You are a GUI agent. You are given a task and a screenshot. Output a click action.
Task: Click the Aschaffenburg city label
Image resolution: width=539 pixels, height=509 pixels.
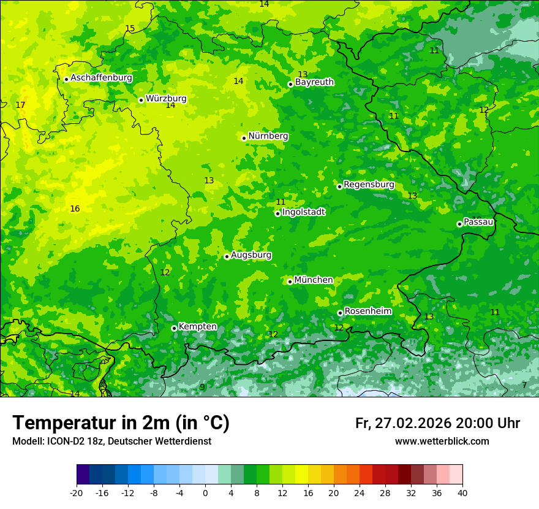tap(101, 78)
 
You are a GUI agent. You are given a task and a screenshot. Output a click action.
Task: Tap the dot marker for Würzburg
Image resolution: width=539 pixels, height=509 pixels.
tap(141, 100)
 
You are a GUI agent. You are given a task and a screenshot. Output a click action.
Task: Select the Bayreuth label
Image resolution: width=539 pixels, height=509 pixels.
tap(314, 82)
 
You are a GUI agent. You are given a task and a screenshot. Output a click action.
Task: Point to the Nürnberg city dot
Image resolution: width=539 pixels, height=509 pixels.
tap(244, 138)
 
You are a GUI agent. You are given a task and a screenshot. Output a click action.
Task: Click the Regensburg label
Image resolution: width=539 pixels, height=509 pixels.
tap(369, 184)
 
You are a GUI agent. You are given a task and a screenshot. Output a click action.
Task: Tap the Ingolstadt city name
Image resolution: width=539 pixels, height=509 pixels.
tap(303, 212)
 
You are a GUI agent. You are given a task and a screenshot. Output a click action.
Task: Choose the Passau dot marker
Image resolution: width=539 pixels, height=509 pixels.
tap(459, 224)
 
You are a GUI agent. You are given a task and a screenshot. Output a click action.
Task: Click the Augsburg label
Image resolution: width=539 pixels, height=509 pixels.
tap(251, 255)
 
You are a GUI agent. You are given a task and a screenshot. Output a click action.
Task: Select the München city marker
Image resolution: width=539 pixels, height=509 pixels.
tap(290, 281)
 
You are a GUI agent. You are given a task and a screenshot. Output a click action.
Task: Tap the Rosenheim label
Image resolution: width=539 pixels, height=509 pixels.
tap(367, 311)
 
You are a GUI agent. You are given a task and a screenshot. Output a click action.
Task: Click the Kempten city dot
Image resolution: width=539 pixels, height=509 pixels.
tap(174, 328)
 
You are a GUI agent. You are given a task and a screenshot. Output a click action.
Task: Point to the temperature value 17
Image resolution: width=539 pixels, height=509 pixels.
tap(20, 105)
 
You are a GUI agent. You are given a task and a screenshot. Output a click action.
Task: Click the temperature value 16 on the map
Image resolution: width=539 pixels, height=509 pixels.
tap(75, 209)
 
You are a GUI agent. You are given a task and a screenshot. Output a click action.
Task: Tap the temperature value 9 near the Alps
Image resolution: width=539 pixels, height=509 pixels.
tap(202, 388)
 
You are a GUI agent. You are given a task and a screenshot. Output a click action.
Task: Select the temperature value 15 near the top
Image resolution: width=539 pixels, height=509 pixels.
tap(130, 29)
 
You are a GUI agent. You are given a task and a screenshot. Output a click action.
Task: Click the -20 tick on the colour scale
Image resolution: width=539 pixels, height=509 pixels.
tap(77, 492)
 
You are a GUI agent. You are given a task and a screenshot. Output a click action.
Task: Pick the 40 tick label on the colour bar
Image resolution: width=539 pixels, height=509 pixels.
tap(462, 492)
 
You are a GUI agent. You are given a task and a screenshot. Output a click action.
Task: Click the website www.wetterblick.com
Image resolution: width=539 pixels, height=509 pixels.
tap(442, 441)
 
